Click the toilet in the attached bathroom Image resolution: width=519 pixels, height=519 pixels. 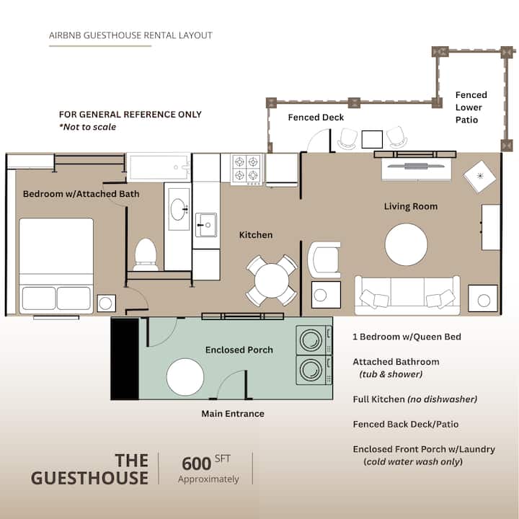pyautogui.click(x=146, y=254)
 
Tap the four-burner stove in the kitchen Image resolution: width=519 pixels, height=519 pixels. pyautogui.click(x=247, y=169)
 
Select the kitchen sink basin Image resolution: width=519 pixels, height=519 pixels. pyautogui.click(x=206, y=225)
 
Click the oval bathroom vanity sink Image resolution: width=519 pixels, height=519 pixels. pyautogui.click(x=179, y=209)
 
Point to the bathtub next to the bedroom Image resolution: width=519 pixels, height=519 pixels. pyautogui.click(x=159, y=167)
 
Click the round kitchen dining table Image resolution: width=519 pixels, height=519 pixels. pyautogui.click(x=272, y=280)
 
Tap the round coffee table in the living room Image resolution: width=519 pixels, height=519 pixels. pyautogui.click(x=406, y=244)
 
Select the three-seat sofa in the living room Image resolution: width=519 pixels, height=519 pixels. pyautogui.click(x=407, y=296)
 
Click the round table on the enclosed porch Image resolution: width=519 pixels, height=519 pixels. pyautogui.click(x=185, y=377)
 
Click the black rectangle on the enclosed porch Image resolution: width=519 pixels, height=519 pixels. pyautogui.click(x=125, y=359)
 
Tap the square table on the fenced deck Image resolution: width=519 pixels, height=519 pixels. pyautogui.click(x=372, y=139)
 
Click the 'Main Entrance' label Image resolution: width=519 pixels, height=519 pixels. pyautogui.click(x=233, y=414)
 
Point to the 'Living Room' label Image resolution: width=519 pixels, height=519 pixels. pyautogui.click(x=411, y=207)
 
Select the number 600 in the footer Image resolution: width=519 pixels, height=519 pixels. pyautogui.click(x=196, y=463)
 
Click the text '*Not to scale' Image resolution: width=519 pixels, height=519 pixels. pyautogui.click(x=88, y=127)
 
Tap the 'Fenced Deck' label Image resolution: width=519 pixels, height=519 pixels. pyautogui.click(x=316, y=117)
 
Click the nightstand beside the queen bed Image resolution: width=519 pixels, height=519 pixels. pyautogui.click(x=106, y=303)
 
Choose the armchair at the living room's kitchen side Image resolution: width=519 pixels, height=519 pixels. pyautogui.click(x=324, y=259)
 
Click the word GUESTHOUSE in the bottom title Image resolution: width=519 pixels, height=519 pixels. pyautogui.click(x=89, y=479)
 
